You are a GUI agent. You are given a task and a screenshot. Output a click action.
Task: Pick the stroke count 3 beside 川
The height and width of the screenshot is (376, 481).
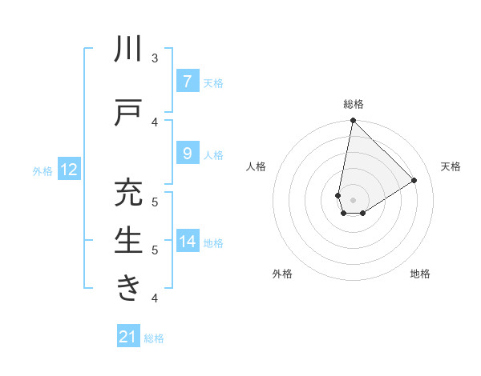(x=155, y=58)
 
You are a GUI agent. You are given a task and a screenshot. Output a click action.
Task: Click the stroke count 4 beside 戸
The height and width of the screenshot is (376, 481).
(x=155, y=122)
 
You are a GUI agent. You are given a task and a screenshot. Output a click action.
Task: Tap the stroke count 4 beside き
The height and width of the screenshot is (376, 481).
(x=155, y=298)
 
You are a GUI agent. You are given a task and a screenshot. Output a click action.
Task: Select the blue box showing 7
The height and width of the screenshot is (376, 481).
(x=187, y=81)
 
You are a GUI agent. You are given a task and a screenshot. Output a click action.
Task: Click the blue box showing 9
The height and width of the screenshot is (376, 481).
(x=187, y=153)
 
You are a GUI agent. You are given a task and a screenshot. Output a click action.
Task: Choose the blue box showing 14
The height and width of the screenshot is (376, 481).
(x=187, y=241)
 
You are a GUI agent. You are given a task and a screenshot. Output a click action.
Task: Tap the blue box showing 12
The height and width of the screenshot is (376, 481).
(x=68, y=169)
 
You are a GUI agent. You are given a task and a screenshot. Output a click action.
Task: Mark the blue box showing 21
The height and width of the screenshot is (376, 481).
(x=127, y=337)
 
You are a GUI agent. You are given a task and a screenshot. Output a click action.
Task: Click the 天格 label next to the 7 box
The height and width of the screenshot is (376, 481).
(x=213, y=82)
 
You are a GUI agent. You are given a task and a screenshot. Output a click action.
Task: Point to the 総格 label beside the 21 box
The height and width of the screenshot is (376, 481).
(x=154, y=338)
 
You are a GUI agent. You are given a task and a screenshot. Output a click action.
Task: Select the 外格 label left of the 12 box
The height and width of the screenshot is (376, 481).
(x=42, y=170)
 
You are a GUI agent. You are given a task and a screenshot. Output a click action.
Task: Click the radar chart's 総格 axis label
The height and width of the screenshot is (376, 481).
(x=353, y=104)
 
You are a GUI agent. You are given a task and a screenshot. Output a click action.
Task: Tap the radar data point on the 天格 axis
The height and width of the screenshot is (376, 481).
(x=414, y=180)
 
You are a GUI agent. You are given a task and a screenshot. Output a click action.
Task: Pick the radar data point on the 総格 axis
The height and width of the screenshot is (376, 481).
(x=353, y=121)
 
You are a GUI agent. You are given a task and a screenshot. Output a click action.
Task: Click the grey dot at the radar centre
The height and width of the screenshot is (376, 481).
(x=353, y=200)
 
